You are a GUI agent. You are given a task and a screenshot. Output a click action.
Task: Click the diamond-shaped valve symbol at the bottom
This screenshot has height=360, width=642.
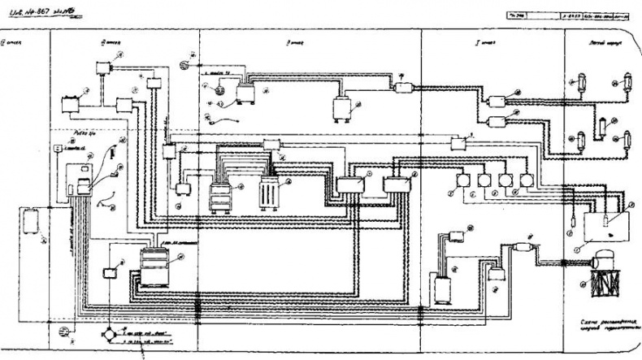pyautogui.click(x=110, y=335)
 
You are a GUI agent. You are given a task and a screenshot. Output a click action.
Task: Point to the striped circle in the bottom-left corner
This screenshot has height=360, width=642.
pyautogui.click(x=64, y=332)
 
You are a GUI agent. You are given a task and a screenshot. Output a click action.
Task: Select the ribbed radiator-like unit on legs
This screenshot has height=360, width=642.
pyautogui.click(x=268, y=193)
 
